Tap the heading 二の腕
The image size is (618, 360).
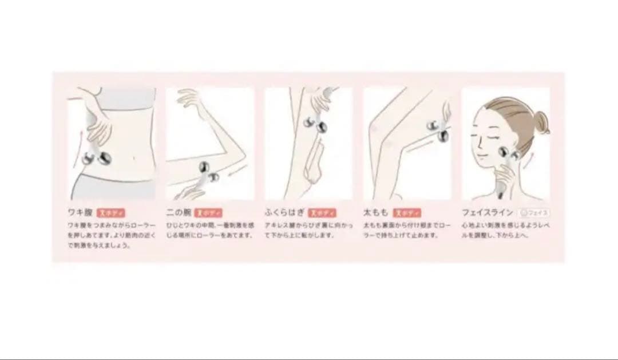177,212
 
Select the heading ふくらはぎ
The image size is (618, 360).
284,212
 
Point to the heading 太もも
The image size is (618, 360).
375,212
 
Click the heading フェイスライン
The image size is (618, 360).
486,212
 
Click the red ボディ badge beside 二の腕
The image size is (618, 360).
209,212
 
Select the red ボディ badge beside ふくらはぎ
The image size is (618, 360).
320,212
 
